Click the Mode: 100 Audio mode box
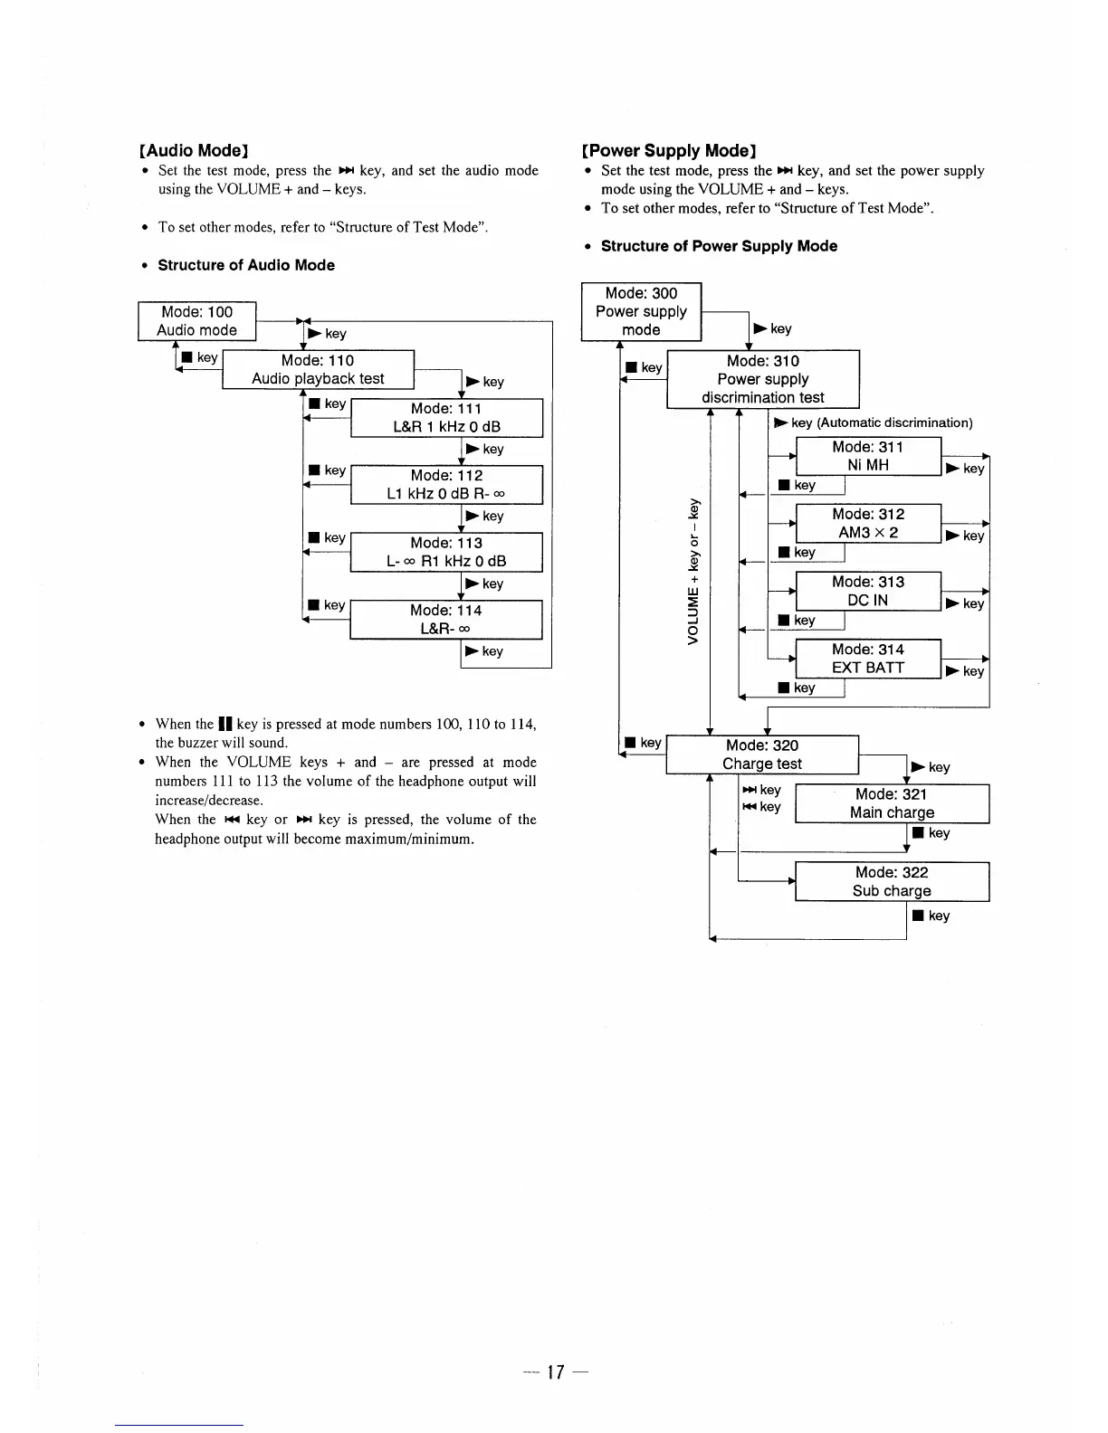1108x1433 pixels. click(x=196, y=321)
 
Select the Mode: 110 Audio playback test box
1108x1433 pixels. click(x=318, y=369)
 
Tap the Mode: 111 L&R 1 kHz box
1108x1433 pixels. click(x=446, y=418)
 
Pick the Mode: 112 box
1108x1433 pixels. click(x=446, y=485)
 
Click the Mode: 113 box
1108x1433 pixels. click(x=446, y=552)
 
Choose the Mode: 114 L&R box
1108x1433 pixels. click(x=446, y=620)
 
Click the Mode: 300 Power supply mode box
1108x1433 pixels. click(x=641, y=311)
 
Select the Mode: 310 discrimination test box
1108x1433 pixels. click(x=762, y=379)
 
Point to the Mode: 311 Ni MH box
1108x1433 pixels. click(x=868, y=456)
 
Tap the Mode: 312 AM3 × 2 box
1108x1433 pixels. click(x=868, y=523)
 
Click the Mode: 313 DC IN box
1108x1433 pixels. click(x=868, y=591)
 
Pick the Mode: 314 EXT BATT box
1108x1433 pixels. click(x=868, y=659)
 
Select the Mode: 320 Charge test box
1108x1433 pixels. click(x=762, y=754)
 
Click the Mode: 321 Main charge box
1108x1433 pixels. click(x=892, y=803)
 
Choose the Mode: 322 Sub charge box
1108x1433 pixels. click(x=892, y=882)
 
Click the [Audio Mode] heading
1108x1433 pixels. click(x=194, y=150)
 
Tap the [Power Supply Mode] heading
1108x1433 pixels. click(x=670, y=150)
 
